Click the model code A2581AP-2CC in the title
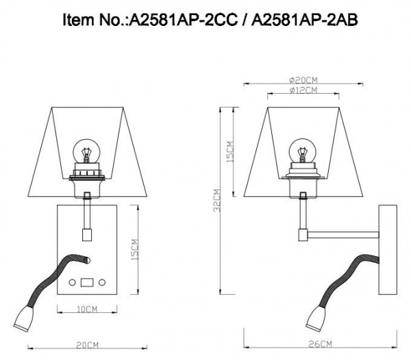coord(178,21)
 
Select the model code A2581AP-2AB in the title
coord(297,21)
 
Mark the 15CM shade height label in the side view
coord(230,152)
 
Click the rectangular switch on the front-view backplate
coord(87,281)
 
